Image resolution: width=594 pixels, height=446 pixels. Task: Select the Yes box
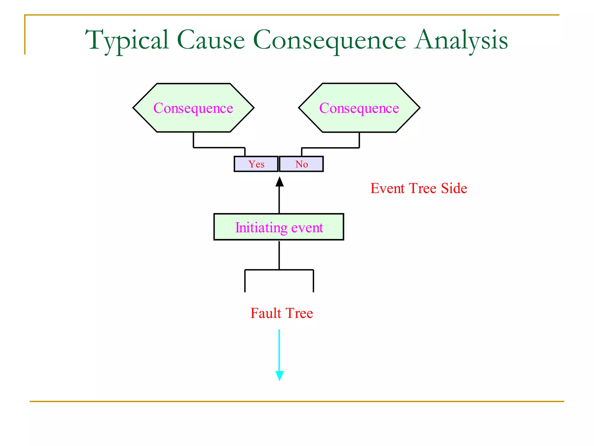pyautogui.click(x=256, y=164)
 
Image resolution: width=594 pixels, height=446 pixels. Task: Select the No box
pyautogui.click(x=301, y=164)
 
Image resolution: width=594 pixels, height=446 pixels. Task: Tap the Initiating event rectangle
pyautogui.click(x=279, y=227)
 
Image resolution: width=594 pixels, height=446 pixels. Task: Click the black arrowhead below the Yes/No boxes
pyautogui.click(x=279, y=182)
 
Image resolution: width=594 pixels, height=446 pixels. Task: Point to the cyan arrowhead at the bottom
pyautogui.click(x=279, y=376)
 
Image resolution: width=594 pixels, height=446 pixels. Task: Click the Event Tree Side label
pyautogui.click(x=419, y=188)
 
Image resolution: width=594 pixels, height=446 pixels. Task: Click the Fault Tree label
pyautogui.click(x=282, y=313)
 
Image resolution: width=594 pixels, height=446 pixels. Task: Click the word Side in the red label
pyautogui.click(x=454, y=188)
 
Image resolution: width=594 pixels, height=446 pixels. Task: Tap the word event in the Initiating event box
pyautogui.click(x=307, y=227)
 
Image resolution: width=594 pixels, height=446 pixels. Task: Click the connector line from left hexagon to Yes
pyautogui.click(x=219, y=148)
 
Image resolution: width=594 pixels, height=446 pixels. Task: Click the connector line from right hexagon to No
pyautogui.click(x=331, y=148)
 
